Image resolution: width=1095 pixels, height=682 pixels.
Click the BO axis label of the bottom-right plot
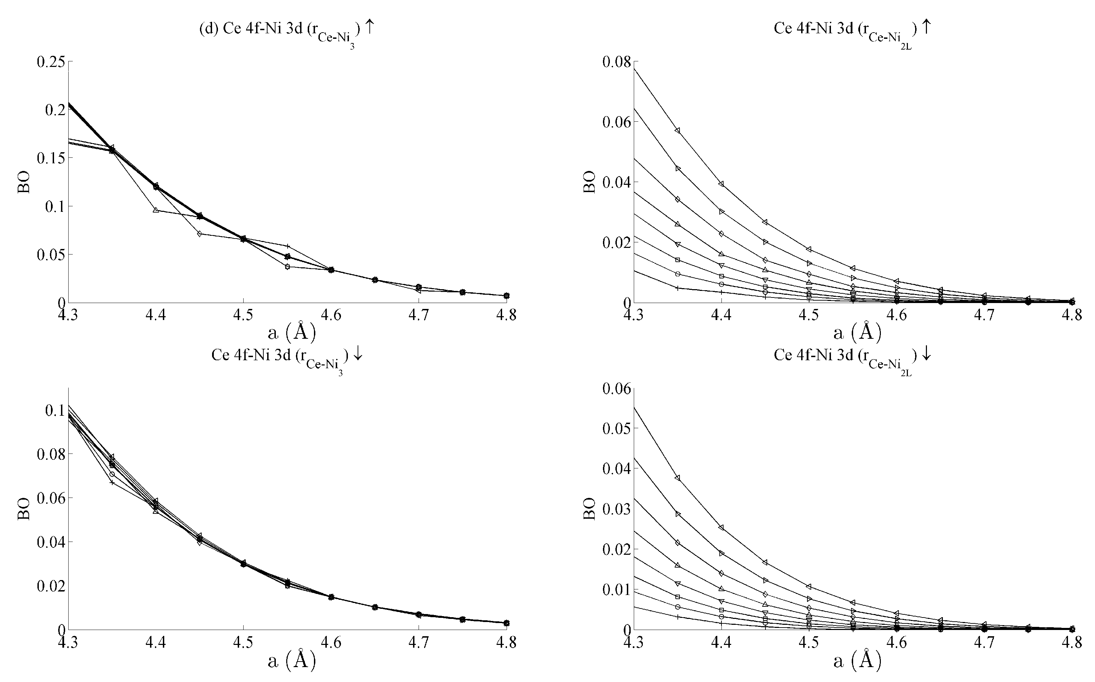(x=590, y=509)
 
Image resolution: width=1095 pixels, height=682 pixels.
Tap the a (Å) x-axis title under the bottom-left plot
(x=292, y=659)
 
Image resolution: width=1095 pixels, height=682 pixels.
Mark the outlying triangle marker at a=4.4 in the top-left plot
(x=156, y=210)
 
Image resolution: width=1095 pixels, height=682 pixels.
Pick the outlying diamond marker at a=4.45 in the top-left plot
(x=200, y=234)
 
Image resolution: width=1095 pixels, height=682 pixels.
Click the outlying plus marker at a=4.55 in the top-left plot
(x=288, y=246)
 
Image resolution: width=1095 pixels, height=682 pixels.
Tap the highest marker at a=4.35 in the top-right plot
(x=677, y=130)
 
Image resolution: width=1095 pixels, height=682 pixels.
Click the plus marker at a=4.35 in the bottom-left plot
(x=112, y=483)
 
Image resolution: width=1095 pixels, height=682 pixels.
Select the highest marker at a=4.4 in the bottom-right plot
(x=721, y=527)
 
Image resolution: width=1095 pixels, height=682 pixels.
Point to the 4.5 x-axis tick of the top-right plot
(x=809, y=314)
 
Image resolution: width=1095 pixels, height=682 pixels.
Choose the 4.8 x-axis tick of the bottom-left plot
(x=506, y=642)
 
